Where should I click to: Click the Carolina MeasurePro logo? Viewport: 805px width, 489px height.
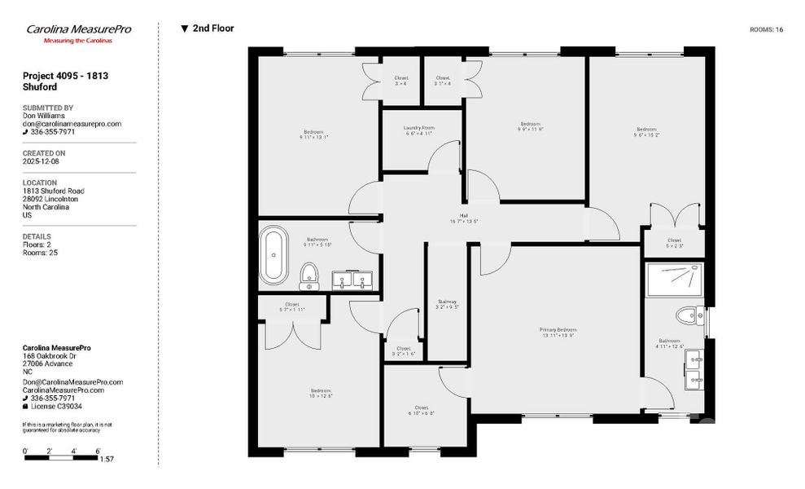78,33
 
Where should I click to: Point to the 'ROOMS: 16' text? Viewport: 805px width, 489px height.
766,29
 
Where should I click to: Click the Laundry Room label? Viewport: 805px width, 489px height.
419,130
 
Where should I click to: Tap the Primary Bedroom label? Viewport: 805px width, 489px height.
558,333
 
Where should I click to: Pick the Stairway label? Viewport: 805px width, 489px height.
446,304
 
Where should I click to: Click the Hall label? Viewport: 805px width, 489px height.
463,218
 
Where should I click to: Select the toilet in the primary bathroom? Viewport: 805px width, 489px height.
686,313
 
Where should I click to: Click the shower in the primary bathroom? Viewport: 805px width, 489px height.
675,279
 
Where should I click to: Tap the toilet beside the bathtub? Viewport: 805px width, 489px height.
308,275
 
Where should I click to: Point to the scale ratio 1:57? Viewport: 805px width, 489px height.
107,460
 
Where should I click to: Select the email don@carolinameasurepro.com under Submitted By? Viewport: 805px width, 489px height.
72,124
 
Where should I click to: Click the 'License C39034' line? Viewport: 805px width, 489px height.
56,406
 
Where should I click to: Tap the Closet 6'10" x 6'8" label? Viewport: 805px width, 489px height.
421,410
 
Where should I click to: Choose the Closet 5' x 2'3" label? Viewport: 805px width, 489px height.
674,243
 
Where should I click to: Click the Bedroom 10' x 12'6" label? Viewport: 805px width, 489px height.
320,393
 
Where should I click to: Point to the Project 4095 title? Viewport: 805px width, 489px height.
65,81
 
